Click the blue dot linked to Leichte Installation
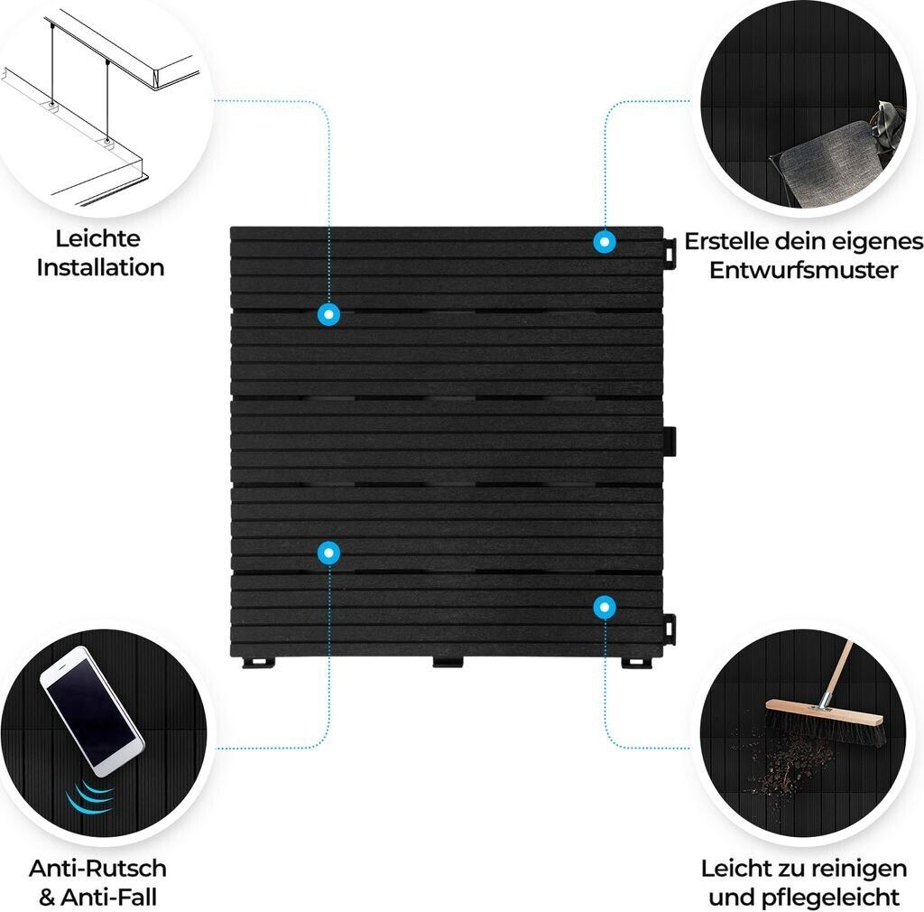pos(328,314)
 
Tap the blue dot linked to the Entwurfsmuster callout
pos(605,242)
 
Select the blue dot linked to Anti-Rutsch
pos(328,553)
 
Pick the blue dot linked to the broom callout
pos(605,607)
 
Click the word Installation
pos(100,267)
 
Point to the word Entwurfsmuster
pos(803,270)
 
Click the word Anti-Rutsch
pos(97,869)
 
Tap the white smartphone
pos(92,711)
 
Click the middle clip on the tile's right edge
pos(670,442)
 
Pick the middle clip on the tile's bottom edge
pos(448,662)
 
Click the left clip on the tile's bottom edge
pos(259,663)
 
